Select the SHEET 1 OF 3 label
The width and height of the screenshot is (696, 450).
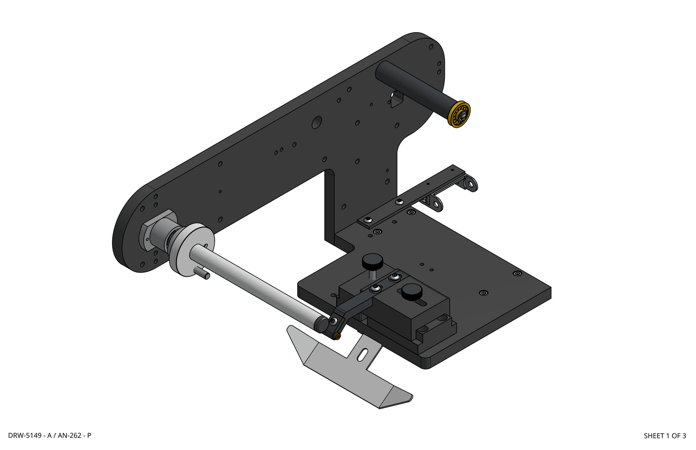pyautogui.click(x=664, y=436)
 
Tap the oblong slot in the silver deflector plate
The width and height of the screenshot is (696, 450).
pyautogui.click(x=362, y=355)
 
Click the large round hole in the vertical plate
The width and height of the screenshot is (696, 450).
pyautogui.click(x=316, y=122)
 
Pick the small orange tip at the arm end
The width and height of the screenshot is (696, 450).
pyautogui.click(x=338, y=336)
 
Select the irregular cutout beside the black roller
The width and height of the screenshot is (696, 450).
pyautogui.click(x=397, y=99)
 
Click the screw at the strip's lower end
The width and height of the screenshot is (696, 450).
pyautogui.click(x=369, y=220)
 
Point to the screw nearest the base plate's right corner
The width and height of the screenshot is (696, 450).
pyautogui.click(x=517, y=273)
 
